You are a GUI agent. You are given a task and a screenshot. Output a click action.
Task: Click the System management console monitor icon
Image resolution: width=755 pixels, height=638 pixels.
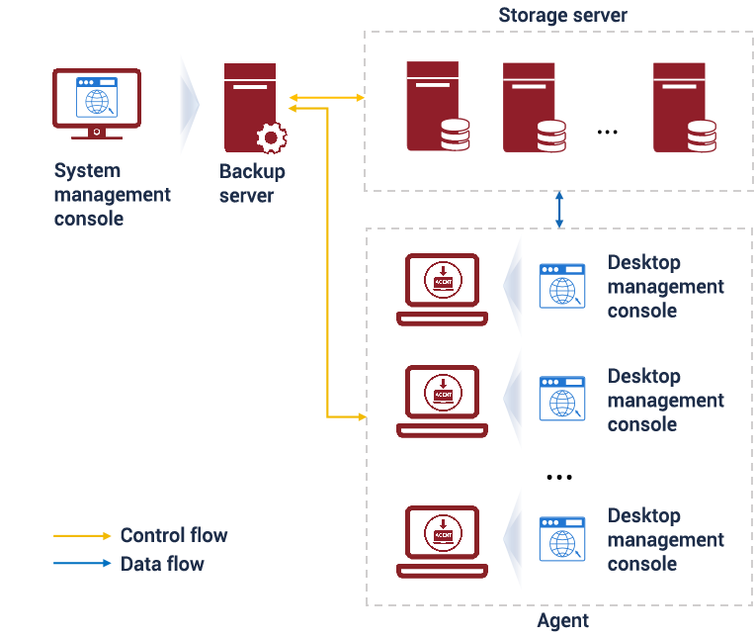pos(96,103)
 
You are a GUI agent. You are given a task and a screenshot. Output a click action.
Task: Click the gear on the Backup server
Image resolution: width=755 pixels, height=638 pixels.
pos(270,137)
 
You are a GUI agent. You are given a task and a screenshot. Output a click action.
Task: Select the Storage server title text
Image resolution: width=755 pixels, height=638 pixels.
pos(562,15)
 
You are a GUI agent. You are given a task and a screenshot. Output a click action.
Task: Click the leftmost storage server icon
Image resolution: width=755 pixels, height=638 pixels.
pos(436,107)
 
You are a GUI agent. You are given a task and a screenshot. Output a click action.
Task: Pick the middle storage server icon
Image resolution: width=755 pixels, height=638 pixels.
pos(533,107)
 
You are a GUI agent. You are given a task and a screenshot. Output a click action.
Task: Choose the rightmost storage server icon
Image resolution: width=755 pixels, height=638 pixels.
pos(683,107)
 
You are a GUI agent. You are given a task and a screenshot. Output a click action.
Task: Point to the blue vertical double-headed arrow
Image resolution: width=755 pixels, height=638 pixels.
pos(559,210)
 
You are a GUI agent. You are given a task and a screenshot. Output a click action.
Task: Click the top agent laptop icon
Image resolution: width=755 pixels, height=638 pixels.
pos(442,288)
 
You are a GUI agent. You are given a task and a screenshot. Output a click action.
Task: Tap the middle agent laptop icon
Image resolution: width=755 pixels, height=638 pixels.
pos(442,400)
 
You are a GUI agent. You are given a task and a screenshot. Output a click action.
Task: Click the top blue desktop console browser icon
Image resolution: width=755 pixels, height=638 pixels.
pos(561,285)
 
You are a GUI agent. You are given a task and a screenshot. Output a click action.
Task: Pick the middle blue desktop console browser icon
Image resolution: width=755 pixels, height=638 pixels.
pos(561,399)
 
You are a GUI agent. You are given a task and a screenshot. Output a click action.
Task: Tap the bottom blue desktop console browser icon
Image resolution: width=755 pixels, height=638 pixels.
pos(561,539)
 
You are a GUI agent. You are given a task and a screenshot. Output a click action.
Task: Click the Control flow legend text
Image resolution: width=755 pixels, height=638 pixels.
pos(174,535)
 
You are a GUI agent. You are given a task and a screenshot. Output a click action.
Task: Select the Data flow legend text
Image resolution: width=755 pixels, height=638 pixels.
pos(163,564)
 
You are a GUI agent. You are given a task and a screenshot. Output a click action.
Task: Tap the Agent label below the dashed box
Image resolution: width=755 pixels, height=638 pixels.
pos(562,621)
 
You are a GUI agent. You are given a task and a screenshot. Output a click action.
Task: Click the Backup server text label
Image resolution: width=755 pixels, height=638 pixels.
pos(251,183)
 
